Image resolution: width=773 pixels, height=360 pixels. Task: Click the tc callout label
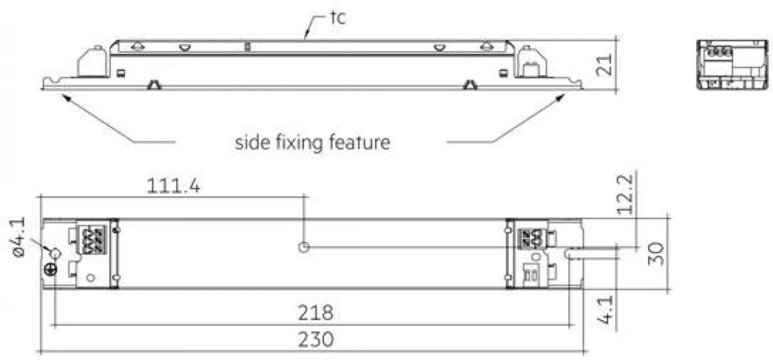[338, 18]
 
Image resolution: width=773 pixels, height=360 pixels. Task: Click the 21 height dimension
[604, 64]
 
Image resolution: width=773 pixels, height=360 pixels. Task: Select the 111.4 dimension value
[173, 186]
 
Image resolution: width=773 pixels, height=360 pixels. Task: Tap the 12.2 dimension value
[625, 194]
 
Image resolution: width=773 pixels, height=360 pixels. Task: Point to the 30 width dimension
[655, 254]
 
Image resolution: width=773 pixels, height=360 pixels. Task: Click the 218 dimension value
[316, 313]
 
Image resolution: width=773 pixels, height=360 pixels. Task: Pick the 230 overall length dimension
[316, 339]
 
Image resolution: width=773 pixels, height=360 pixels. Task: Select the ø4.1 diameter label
[19, 237]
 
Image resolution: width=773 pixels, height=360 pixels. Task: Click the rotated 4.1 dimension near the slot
[606, 310]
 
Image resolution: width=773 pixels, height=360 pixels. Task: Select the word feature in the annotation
[359, 142]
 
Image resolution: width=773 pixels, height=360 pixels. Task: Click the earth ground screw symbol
[51, 270]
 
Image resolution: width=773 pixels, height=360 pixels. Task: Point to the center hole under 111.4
[303, 247]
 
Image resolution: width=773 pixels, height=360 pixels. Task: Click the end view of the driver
[732, 64]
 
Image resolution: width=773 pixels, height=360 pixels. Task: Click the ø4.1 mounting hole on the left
[55, 254]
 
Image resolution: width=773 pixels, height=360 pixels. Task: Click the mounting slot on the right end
[573, 254]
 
